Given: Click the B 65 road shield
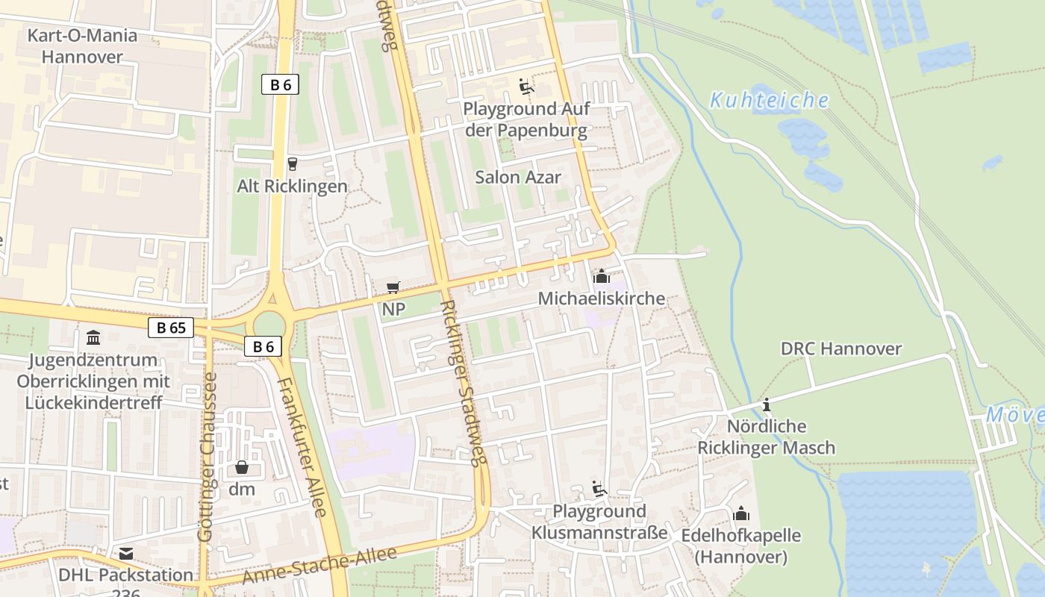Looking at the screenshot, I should [171, 328].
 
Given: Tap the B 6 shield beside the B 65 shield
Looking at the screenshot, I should [263, 346].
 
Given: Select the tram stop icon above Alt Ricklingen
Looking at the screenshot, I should [292, 164].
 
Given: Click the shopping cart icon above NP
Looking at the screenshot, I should [393, 287].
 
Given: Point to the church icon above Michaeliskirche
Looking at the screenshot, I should [601, 277].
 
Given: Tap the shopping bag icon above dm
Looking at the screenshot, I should [242, 468].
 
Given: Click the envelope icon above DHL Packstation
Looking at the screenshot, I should [126, 554].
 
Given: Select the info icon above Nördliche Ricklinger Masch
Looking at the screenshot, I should [766, 405].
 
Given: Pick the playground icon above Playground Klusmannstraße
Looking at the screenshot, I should [599, 490].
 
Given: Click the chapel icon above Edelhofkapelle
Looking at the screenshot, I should [741, 513].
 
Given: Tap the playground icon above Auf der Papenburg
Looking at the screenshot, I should [526, 87].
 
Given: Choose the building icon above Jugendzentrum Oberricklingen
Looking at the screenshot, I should [93, 338].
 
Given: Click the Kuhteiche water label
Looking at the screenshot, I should [769, 101].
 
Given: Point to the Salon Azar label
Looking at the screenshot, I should [518, 178].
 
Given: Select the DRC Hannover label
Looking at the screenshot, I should [840, 348].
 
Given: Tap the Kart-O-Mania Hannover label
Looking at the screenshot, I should [82, 46].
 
